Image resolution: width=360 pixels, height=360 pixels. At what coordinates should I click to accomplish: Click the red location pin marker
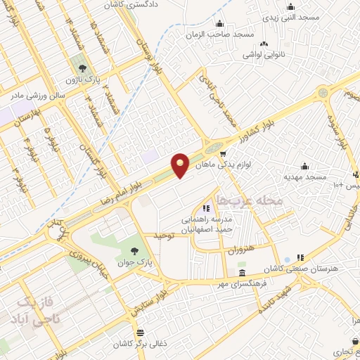181,165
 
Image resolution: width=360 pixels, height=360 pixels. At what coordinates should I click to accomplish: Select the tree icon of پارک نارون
84,68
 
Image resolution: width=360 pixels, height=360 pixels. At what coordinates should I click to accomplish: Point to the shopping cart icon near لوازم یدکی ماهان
222,154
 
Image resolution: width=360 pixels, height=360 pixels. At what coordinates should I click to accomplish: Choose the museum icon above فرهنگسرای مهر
242,273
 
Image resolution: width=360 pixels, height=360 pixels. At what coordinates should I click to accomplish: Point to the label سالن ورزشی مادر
37,94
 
